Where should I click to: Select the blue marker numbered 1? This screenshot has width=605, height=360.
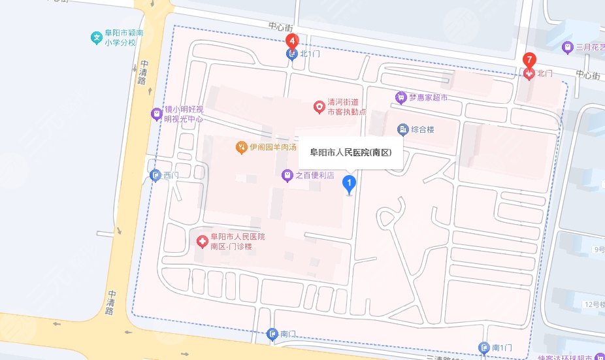(350, 184)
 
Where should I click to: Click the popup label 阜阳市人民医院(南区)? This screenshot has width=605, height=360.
(350, 153)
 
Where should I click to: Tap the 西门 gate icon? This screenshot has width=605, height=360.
(155, 175)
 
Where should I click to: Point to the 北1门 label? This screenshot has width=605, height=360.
(311, 54)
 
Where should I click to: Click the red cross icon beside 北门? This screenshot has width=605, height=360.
(529, 74)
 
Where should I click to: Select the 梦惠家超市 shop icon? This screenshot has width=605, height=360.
(401, 97)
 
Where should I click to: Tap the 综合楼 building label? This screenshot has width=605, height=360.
(422, 129)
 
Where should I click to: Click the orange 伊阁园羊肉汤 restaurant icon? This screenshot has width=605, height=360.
(241, 146)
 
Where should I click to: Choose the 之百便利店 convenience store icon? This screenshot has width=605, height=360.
(287, 175)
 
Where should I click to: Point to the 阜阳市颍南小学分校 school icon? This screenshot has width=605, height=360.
(97, 38)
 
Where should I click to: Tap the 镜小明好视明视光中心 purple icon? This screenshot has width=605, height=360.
(156, 114)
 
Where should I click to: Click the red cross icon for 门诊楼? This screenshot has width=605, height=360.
(203, 242)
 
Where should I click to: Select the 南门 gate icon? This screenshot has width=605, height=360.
(272, 335)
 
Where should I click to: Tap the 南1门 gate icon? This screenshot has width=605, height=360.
(484, 348)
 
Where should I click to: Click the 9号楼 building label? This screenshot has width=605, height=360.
(598, 249)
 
